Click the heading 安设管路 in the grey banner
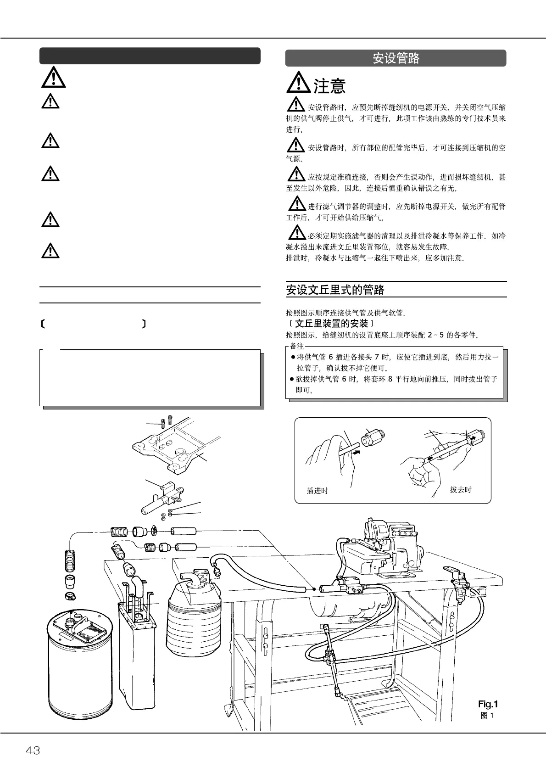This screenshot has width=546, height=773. pos(396,58)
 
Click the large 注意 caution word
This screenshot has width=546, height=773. pos(329,86)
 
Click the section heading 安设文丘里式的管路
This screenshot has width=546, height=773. pos(335,290)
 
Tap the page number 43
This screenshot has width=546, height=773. pos(33,751)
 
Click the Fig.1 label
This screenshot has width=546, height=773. pos(488,704)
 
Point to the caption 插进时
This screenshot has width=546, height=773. pos(318,491)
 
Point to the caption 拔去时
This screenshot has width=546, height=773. pos(461,490)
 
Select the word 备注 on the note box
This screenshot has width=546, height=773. pos(297,346)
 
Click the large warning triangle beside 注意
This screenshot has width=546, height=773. pos(298,83)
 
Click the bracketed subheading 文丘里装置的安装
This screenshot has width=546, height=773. pos(332,324)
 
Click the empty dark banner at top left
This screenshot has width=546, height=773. pos(150,56)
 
